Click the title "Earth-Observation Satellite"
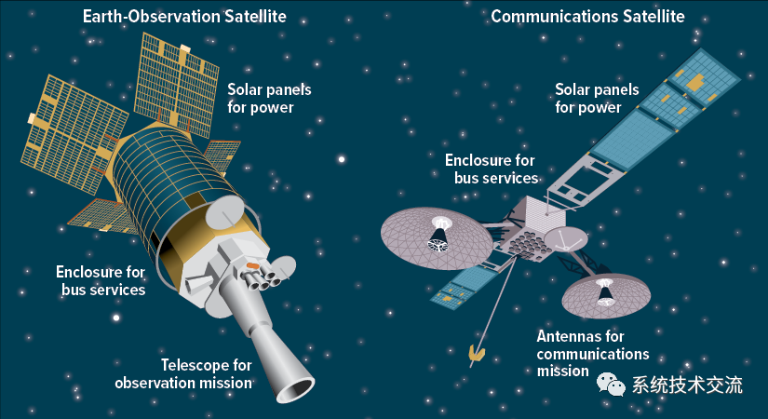click(184, 16)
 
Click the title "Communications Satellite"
click(587, 16)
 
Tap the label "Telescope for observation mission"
click(183, 374)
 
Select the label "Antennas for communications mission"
click(593, 353)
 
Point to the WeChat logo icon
click(611, 385)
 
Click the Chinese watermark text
click(687, 385)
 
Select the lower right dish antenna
click(606, 295)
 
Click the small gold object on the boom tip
click(476, 352)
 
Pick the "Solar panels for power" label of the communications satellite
click(597, 99)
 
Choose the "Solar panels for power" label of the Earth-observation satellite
click(269, 99)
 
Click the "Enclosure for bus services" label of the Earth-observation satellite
click(101, 281)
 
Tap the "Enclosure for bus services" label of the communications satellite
click(492, 169)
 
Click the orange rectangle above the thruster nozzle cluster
click(252, 265)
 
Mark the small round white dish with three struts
click(566, 239)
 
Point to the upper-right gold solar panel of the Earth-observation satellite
click(177, 85)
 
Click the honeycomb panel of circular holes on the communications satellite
click(528, 243)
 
